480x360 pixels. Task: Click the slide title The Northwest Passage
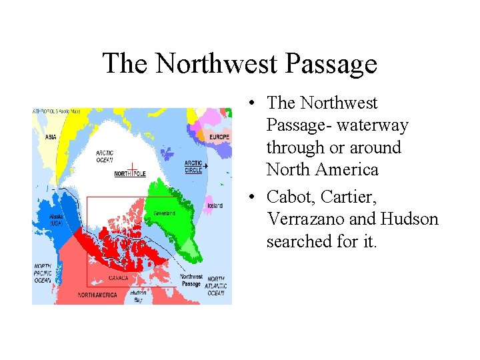click(x=240, y=64)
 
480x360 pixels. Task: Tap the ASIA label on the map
click(x=51, y=138)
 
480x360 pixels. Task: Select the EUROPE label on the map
click(x=218, y=137)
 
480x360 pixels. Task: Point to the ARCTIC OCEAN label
click(x=104, y=155)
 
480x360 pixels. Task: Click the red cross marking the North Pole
click(x=132, y=168)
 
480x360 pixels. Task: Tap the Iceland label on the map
click(x=214, y=205)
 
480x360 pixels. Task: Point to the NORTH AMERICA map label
click(x=97, y=295)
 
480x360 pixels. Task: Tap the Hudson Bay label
click(x=138, y=296)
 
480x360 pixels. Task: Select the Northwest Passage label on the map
click(x=191, y=280)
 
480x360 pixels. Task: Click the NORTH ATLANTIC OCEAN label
click(x=216, y=286)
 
